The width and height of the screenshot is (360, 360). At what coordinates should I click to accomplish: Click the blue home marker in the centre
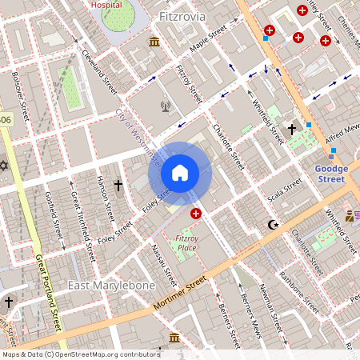180,172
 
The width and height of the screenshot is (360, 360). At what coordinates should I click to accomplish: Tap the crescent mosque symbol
274,226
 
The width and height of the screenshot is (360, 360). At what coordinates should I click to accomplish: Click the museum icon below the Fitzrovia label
154,42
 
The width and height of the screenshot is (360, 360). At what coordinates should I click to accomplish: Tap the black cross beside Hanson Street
118,186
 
